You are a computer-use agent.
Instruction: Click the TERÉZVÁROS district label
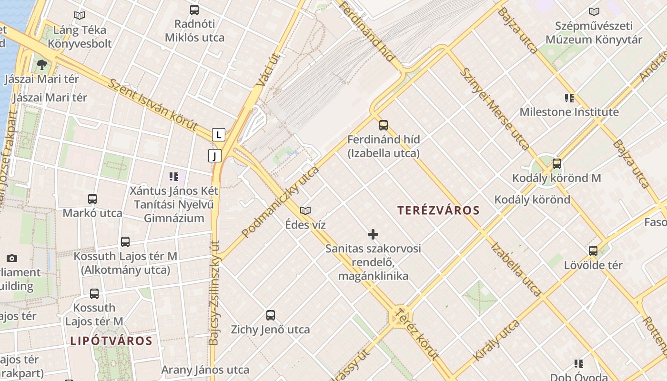click(438, 210)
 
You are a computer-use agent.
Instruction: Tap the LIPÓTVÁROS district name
click(111, 341)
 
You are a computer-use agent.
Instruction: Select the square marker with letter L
click(218, 135)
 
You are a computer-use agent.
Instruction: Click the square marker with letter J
click(215, 155)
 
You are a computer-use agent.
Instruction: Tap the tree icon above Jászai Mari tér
click(42, 64)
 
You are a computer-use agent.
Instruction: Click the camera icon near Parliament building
click(12, 258)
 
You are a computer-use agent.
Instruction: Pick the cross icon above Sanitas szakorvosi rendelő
click(373, 234)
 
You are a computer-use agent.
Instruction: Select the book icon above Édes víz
click(305, 210)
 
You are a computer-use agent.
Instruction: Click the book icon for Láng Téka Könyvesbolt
click(80, 15)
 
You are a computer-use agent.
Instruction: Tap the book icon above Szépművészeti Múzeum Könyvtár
click(594, 11)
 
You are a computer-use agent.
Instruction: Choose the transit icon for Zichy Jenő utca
click(271, 315)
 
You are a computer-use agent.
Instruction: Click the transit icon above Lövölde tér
click(593, 251)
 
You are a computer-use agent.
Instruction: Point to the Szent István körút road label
click(152, 105)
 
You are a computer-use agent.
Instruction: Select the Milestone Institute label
click(569, 112)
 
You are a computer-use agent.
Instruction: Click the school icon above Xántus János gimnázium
click(174, 177)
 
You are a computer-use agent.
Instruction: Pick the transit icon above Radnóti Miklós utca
click(194, 10)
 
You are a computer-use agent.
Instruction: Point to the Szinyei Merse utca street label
click(495, 109)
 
